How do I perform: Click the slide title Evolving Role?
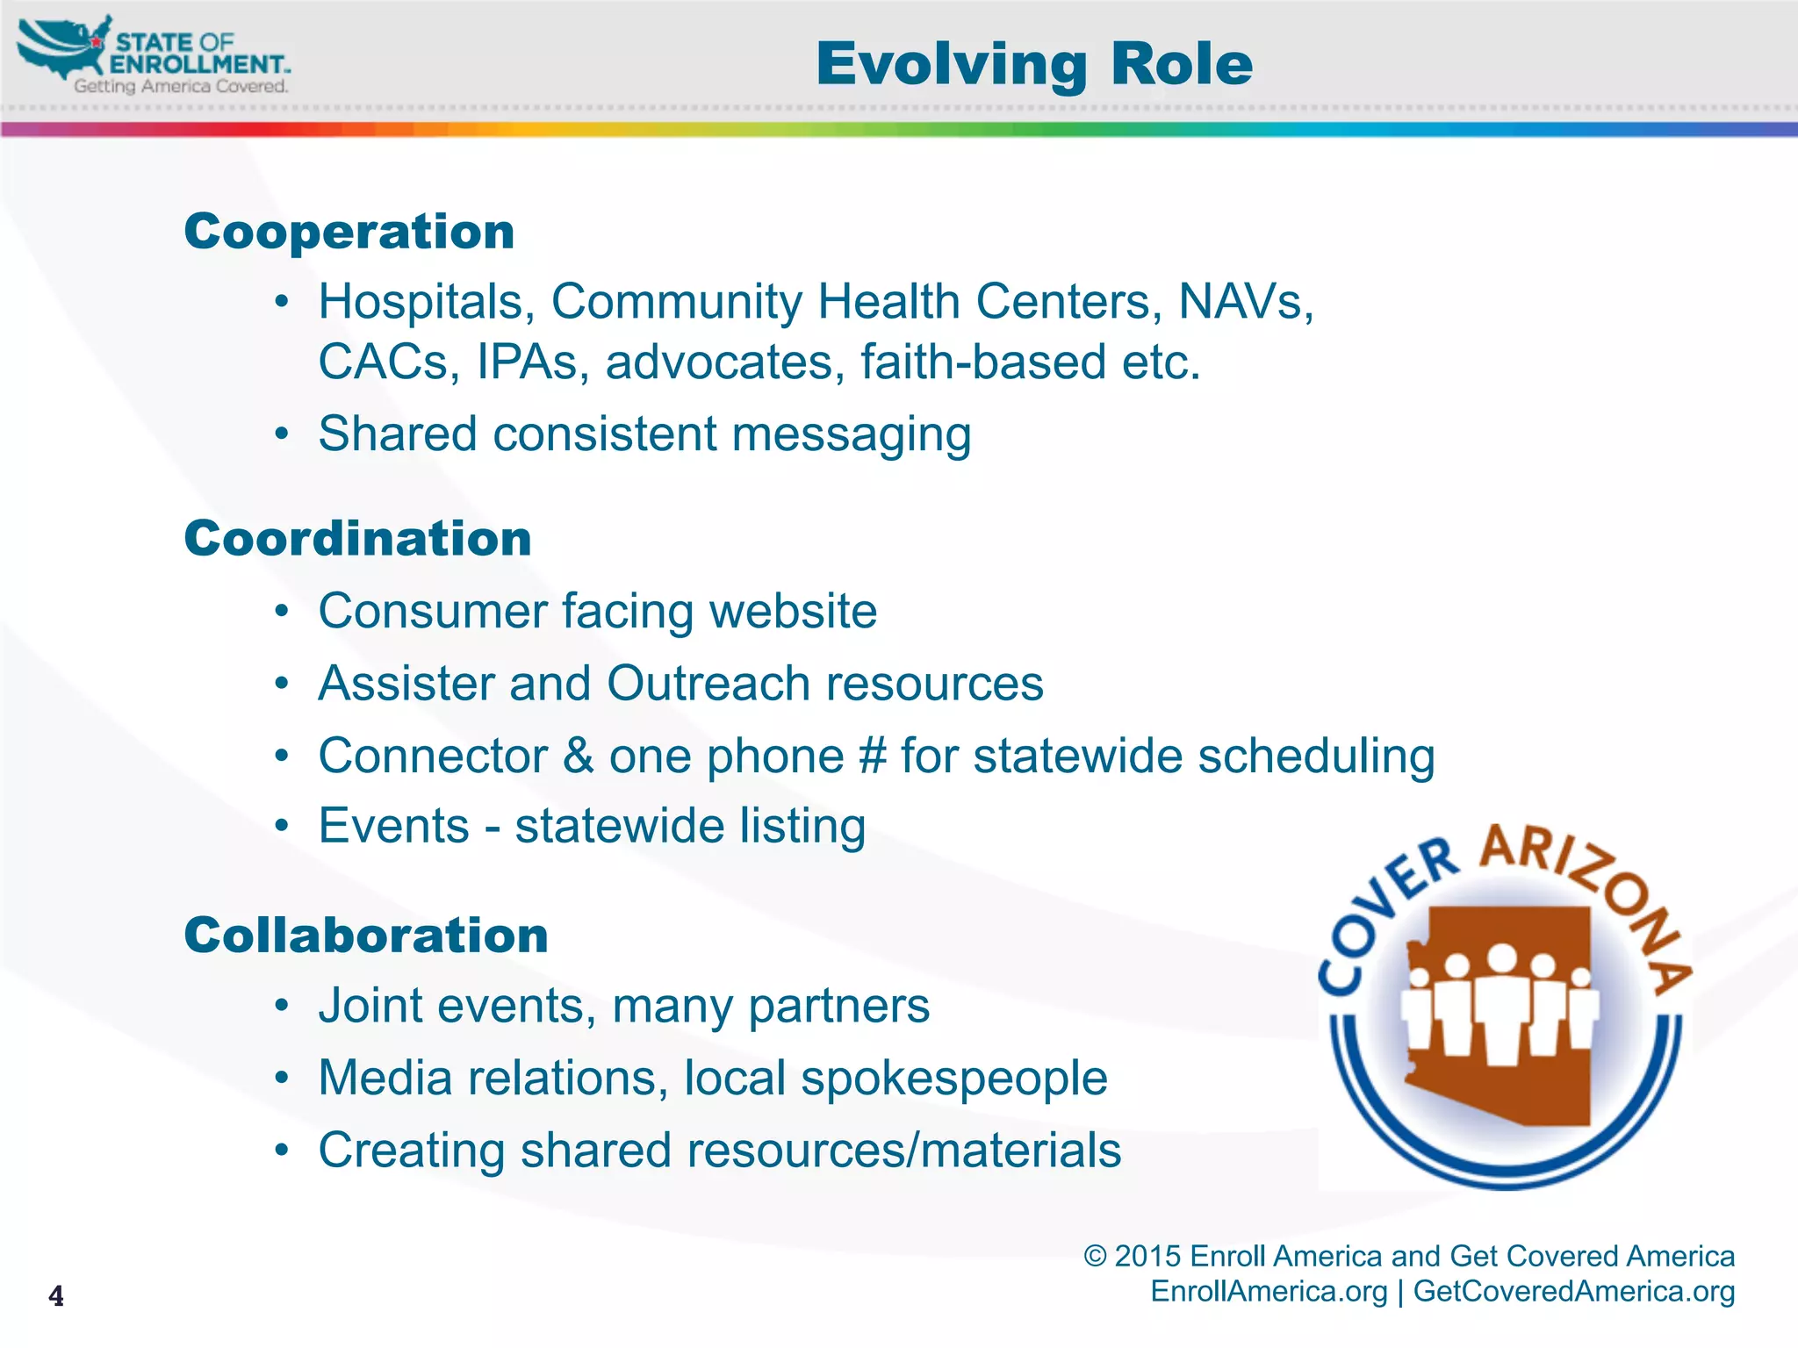click(1033, 64)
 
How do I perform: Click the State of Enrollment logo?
click(154, 56)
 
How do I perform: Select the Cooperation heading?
click(349, 232)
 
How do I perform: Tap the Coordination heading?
click(357, 538)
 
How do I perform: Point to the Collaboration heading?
click(366, 935)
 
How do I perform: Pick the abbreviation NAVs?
click(1245, 302)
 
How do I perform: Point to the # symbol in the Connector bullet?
click(872, 756)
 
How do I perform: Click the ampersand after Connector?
click(579, 756)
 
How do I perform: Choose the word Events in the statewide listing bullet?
click(394, 826)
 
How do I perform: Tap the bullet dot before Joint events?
click(281, 1005)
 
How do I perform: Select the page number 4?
click(56, 1295)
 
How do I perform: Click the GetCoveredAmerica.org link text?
click(1573, 1291)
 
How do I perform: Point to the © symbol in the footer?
click(1095, 1256)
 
